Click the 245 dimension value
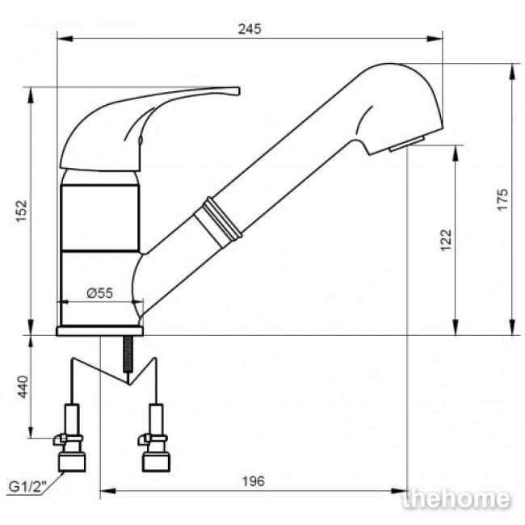click(x=250, y=29)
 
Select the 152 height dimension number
click(x=22, y=211)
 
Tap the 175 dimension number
click(x=502, y=199)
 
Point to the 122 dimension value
click(x=446, y=240)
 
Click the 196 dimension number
click(x=254, y=481)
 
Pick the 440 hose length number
click(x=23, y=387)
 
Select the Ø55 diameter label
click(x=100, y=293)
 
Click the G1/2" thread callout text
click(x=27, y=486)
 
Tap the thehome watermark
click(x=456, y=499)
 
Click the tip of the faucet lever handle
click(x=239, y=90)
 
